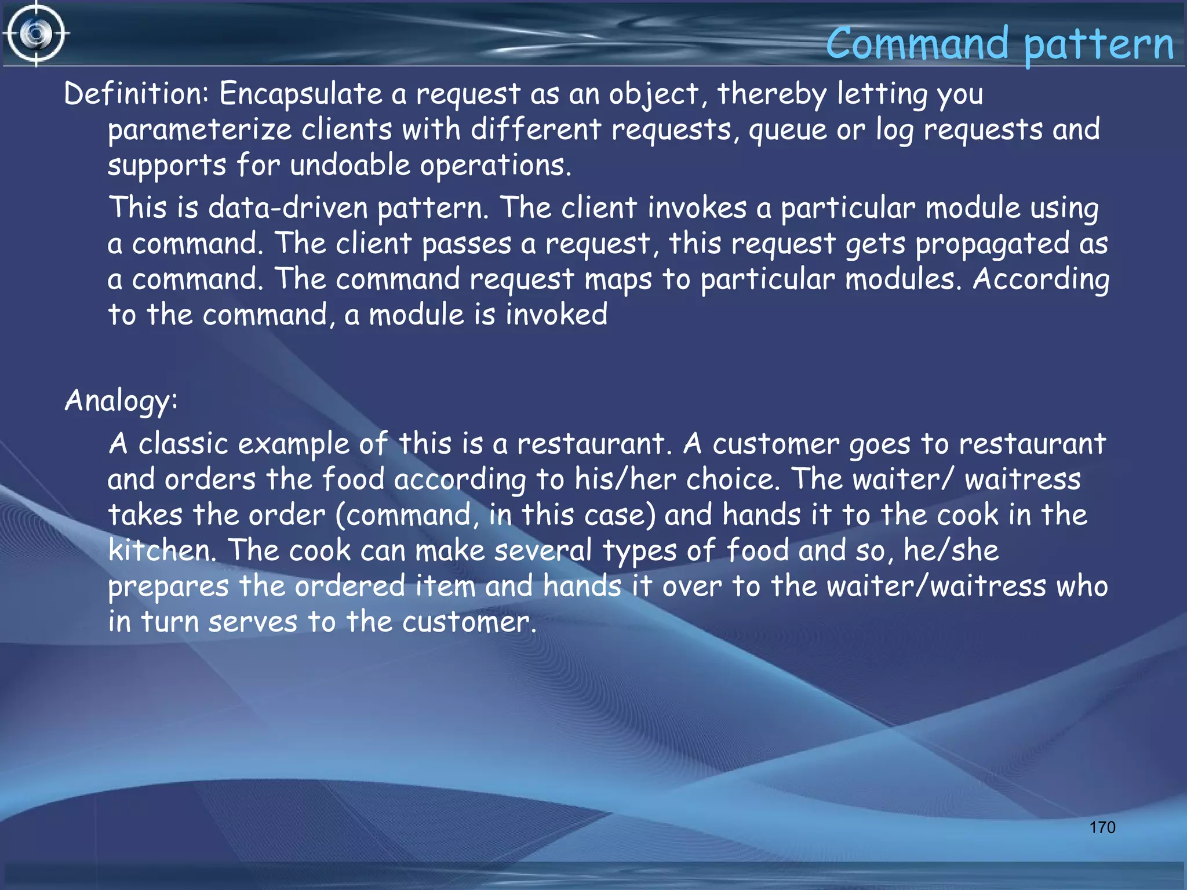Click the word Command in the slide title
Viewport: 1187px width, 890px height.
[917, 44]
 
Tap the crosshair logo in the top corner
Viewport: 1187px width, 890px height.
[36, 34]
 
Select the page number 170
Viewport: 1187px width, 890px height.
[1102, 827]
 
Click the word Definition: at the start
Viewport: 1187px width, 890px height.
[136, 94]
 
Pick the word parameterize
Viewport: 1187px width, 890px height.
[199, 130]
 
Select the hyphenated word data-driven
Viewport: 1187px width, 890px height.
[288, 207]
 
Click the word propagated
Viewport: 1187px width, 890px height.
[992, 243]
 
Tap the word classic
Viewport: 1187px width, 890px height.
[183, 444]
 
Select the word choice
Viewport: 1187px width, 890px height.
[733, 480]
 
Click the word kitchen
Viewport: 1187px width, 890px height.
[162, 550]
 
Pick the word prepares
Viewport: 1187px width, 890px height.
[168, 586]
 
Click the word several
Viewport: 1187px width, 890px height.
[543, 550]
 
